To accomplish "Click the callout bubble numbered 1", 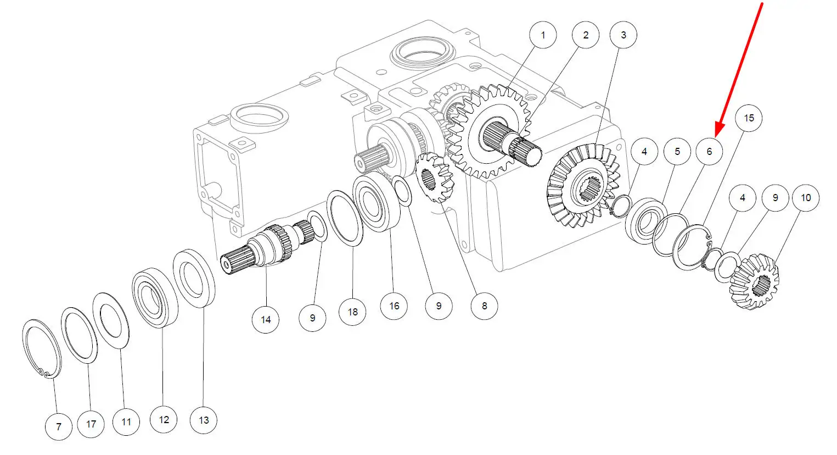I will (543, 36).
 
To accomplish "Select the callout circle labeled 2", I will (585, 36).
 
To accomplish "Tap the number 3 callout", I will (623, 36).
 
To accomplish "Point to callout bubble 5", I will (677, 151).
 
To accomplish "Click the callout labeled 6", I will (709, 151).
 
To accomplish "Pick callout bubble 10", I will (805, 198).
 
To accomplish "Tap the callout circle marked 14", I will (266, 319).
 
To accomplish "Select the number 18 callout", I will (352, 312).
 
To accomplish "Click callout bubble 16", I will (394, 306).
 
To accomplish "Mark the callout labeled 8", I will (484, 306).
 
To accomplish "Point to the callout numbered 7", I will (58, 426).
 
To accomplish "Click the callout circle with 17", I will (91, 424).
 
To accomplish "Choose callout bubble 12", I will (164, 420).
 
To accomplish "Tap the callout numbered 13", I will (204, 420).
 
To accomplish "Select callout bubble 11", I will (126, 421).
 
